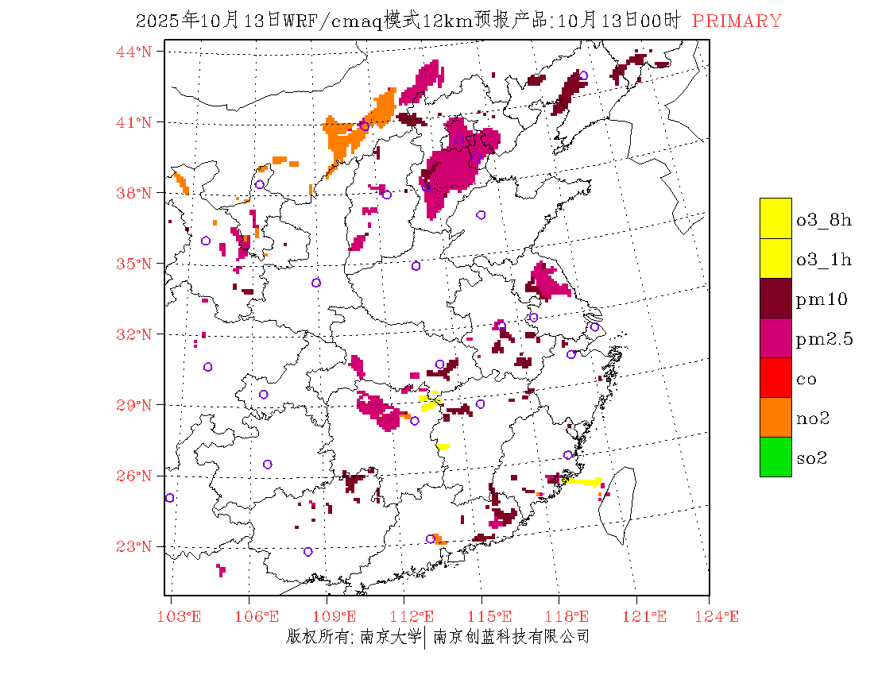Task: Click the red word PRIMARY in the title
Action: coord(737,21)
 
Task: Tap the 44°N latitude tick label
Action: coord(135,52)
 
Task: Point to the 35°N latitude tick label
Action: coord(135,264)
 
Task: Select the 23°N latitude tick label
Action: coord(135,546)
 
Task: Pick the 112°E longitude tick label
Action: coord(416,617)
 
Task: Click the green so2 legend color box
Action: coord(775,457)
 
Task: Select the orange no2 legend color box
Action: coord(775,417)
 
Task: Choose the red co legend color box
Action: coord(775,377)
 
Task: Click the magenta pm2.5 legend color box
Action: coord(775,337)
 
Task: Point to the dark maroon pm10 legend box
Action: coord(775,298)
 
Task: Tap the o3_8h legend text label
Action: coord(824,220)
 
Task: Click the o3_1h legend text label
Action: coord(824,260)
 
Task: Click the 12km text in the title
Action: coord(444,21)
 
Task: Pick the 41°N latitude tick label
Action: coord(135,122)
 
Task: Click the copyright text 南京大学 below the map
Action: coord(390,637)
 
